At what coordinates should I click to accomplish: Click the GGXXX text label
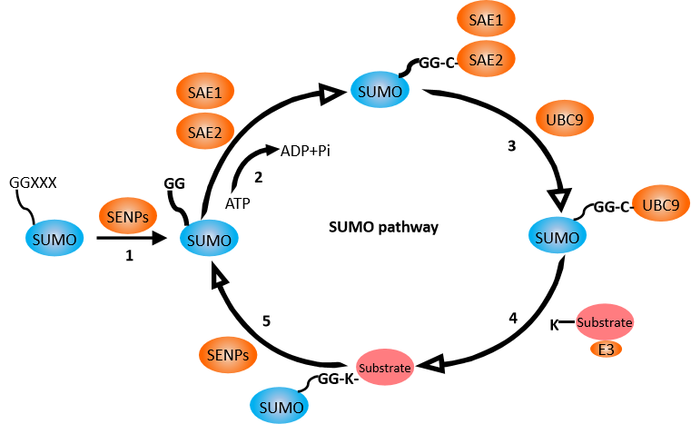click(34, 182)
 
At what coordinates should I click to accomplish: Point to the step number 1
click(130, 257)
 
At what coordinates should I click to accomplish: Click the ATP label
click(238, 204)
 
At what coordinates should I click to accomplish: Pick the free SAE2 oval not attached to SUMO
click(205, 133)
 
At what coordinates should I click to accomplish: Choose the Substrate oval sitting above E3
click(605, 321)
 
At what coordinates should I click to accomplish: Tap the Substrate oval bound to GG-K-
click(384, 368)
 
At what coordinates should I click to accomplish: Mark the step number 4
click(513, 319)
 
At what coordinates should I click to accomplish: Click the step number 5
click(267, 321)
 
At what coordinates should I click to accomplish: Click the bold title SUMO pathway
click(383, 226)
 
